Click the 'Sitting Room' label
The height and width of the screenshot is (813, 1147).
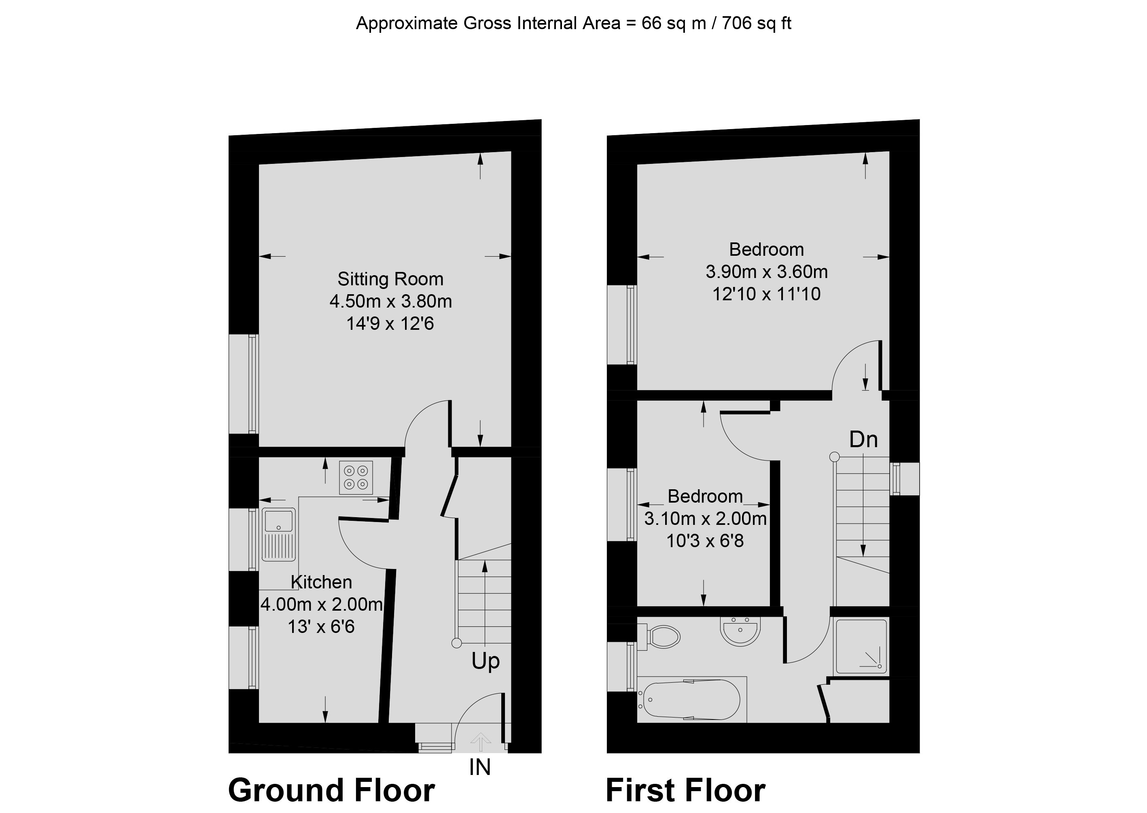click(390, 279)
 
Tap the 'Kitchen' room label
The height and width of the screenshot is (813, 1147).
click(321, 582)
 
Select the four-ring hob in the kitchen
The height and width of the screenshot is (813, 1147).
click(356, 478)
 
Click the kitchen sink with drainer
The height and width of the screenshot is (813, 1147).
click(279, 534)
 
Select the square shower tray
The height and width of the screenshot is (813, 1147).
click(861, 646)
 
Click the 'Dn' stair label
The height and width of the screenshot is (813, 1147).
click(863, 439)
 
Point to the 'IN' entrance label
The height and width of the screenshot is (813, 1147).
click(480, 767)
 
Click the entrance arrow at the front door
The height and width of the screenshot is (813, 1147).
click(480, 742)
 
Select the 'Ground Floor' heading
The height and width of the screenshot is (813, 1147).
click(331, 790)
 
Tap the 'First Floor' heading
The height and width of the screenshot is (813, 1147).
click(686, 790)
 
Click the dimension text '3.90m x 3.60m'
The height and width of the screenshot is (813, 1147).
click(767, 272)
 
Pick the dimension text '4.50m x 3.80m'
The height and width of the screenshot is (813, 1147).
click(390, 301)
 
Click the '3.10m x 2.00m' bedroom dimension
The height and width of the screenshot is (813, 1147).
click(705, 519)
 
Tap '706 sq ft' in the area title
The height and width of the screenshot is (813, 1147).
click(757, 23)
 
